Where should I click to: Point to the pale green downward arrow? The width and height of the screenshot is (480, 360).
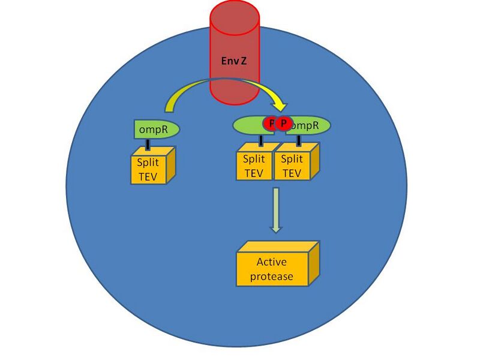(x=275, y=210)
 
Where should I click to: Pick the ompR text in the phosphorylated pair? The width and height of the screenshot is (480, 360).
(x=304, y=125)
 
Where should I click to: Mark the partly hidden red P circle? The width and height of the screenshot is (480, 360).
(x=269, y=124)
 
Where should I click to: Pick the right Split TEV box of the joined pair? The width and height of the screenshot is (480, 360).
(x=292, y=165)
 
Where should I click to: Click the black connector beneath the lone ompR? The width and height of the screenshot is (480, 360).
(x=148, y=143)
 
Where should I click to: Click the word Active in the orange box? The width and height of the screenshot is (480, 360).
(x=271, y=262)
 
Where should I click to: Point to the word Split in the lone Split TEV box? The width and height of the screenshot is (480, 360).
(x=148, y=163)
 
